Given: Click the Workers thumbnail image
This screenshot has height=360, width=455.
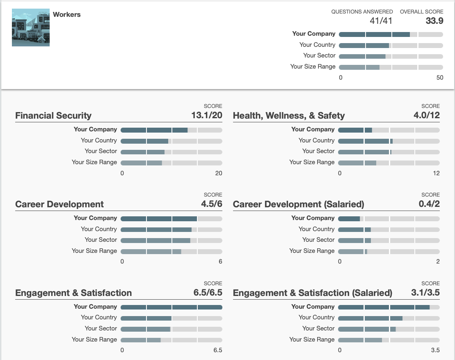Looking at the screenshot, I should [31, 28].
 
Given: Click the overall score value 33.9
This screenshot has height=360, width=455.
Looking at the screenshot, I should [434, 21].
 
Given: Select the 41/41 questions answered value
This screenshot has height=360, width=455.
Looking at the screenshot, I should [381, 21].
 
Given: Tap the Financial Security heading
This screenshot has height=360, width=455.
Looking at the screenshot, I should [53, 116].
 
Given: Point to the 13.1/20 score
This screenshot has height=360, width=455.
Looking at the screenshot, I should [207, 115].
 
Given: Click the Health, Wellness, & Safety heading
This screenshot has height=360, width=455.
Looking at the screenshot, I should [289, 116].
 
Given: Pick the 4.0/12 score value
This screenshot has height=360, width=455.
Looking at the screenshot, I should [426, 115].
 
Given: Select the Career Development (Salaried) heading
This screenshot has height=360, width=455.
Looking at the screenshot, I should [298, 204].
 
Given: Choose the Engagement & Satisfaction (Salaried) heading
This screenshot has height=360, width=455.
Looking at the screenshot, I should [313, 293].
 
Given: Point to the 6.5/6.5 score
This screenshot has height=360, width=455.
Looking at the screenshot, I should [208, 293].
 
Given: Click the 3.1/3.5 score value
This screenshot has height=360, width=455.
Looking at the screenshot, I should [425, 293].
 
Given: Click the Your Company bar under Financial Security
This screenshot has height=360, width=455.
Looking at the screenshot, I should [171, 130].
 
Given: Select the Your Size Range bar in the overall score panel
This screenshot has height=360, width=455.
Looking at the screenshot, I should [391, 67].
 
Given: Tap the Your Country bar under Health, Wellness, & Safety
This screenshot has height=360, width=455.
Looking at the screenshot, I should [389, 141].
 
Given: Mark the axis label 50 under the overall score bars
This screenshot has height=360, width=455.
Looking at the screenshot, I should [440, 78].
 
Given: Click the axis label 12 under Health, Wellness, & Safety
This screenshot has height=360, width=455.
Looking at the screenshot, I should [436, 173].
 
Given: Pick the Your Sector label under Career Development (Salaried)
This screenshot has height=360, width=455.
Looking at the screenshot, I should [318, 240].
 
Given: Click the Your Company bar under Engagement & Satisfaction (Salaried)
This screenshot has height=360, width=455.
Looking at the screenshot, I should [389, 307].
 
